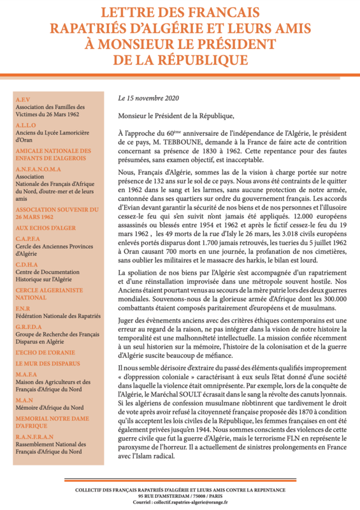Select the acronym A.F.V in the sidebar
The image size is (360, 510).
[x=24, y=99]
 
